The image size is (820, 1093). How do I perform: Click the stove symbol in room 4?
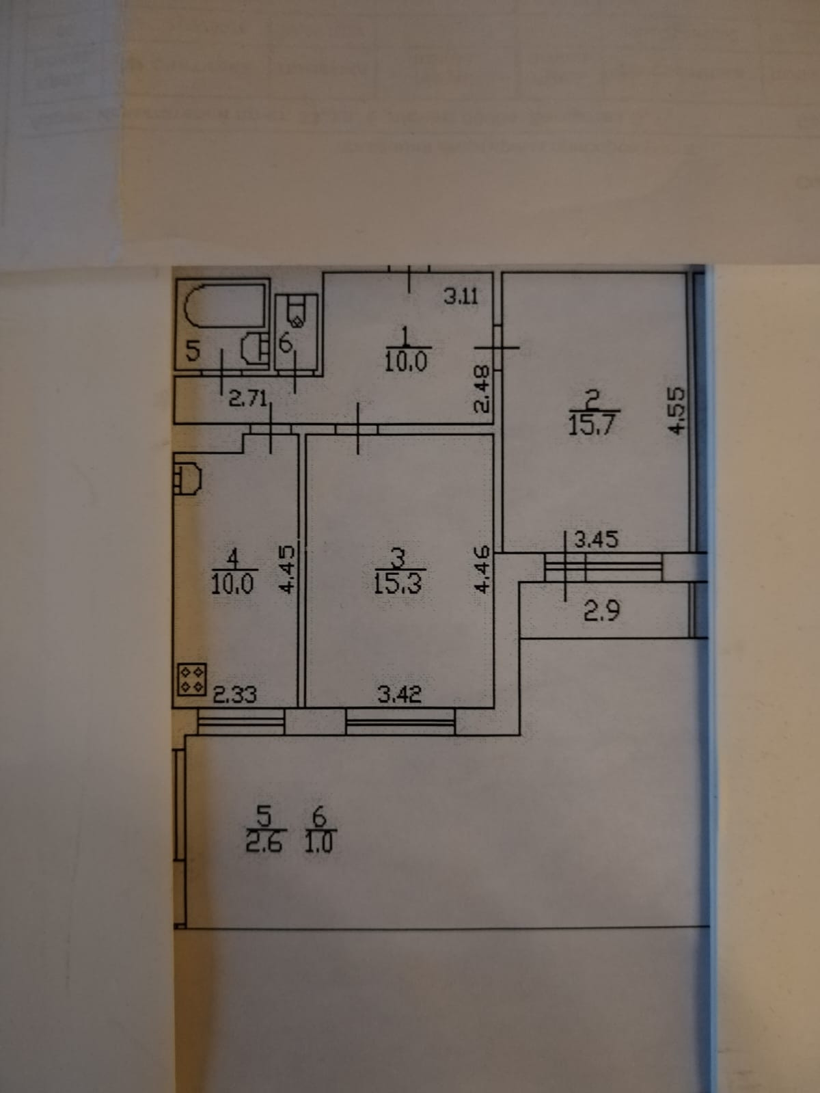coord(192,679)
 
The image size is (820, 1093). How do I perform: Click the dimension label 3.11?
coord(461,297)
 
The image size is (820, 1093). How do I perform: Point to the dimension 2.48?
coord(482,389)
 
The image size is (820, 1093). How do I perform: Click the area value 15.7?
coord(592,425)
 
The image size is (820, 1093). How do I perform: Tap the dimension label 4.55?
coord(676,411)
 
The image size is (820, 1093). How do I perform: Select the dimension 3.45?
coord(596,540)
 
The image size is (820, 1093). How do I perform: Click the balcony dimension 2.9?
coord(602,610)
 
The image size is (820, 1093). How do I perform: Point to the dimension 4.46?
coord(482,569)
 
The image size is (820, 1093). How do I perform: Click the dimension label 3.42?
coord(400,696)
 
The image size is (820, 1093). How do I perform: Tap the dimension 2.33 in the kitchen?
coord(235,696)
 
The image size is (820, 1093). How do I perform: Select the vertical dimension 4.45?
coord(288,569)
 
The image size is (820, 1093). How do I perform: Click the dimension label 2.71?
coord(247,399)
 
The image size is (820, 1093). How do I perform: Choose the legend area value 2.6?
coord(262,843)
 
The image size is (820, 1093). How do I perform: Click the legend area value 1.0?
coord(318,843)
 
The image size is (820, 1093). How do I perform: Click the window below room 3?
coord(400,720)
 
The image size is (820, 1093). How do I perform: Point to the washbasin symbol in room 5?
coord(255,347)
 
